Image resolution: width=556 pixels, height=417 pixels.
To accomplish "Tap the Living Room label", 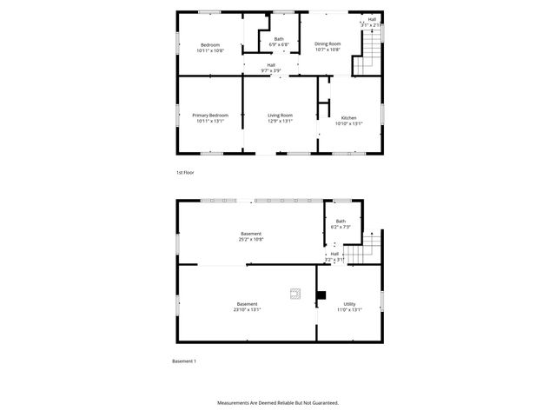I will [280, 115].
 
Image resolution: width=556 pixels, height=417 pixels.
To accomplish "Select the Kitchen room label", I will [348, 117].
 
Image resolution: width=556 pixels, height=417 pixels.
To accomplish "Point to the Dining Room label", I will [328, 43].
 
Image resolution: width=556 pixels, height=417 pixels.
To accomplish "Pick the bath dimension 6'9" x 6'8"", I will [279, 44].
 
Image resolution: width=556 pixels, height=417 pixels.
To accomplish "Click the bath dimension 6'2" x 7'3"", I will [341, 227].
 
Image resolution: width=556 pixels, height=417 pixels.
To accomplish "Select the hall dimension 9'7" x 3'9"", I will [271, 70].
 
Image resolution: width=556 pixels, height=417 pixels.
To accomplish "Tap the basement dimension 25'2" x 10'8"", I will [251, 239].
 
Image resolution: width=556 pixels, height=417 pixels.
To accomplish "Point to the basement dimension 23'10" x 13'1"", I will [247, 309].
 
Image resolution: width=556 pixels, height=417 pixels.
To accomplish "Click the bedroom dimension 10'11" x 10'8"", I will [210, 50].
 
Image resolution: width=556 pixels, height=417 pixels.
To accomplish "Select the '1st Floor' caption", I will [185, 173].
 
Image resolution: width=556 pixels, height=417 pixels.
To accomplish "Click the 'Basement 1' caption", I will [184, 361].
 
